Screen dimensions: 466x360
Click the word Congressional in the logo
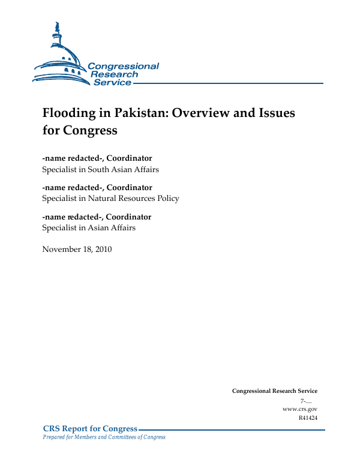pyautogui.click(x=123, y=66)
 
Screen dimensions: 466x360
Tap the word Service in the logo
pyautogui.click(x=112, y=82)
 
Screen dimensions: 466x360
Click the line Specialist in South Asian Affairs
pyautogui.click(x=100, y=170)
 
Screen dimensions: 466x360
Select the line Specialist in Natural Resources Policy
pyautogui.click(x=110, y=198)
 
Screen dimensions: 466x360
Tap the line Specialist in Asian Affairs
pyautogui.click(x=89, y=227)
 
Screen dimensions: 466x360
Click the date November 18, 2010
pyautogui.click(x=77, y=249)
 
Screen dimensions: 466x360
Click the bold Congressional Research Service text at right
pyautogui.click(x=274, y=391)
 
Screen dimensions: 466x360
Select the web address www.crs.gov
pyautogui.click(x=299, y=408)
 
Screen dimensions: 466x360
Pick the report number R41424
pyautogui.click(x=308, y=417)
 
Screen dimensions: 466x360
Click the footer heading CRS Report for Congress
pyautogui.click(x=90, y=428)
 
